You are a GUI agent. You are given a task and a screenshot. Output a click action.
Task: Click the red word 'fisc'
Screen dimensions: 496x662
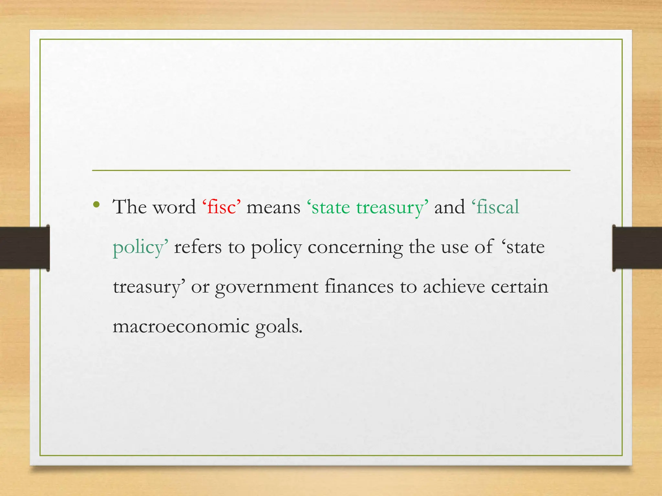click(x=222, y=207)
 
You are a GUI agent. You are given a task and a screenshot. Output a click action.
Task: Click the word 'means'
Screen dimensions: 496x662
click(x=273, y=207)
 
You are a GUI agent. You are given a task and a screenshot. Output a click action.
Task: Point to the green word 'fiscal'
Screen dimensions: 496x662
click(x=497, y=207)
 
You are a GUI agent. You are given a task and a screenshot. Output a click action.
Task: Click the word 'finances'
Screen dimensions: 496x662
click(x=359, y=286)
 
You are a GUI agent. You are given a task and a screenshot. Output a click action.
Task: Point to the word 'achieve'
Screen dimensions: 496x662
click(x=454, y=286)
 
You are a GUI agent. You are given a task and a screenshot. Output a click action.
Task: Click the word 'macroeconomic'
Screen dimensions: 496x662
click(x=181, y=326)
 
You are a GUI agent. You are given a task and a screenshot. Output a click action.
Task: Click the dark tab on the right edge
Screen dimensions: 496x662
click(x=637, y=248)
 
